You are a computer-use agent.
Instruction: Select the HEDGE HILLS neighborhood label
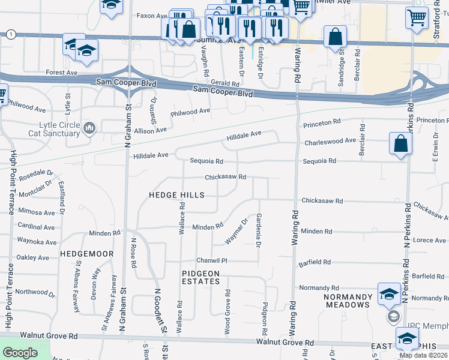click(x=176, y=196)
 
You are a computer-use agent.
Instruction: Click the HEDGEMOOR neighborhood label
click(x=87, y=254)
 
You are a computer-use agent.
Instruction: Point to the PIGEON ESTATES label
click(x=201, y=277)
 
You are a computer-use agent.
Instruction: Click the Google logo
click(x=20, y=353)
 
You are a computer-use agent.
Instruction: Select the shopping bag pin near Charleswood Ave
click(x=400, y=144)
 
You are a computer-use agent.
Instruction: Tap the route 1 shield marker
click(x=11, y=35)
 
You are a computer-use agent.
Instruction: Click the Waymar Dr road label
click(x=237, y=231)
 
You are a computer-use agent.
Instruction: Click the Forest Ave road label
click(x=62, y=73)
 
